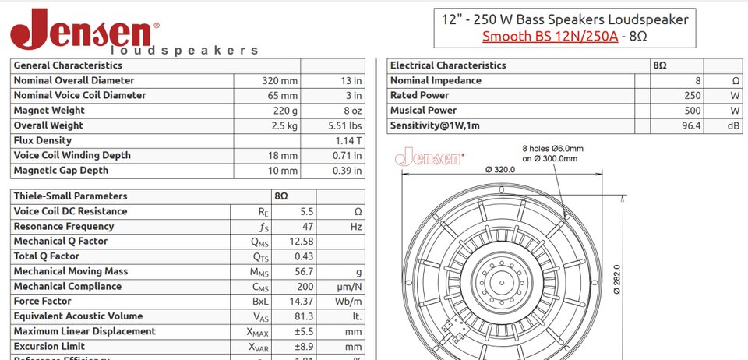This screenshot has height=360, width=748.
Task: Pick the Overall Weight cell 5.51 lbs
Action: click(344, 125)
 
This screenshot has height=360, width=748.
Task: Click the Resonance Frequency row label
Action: click(64, 226)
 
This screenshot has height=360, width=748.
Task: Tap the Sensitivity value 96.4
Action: click(690, 125)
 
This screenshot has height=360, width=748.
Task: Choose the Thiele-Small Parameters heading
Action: click(70, 196)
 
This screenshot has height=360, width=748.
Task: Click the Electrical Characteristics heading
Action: click(448, 65)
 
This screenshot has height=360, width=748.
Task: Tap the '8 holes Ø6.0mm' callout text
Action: click(552, 148)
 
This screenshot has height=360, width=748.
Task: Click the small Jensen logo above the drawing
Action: click(430, 158)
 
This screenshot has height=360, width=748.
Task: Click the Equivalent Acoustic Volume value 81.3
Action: click(301, 316)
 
